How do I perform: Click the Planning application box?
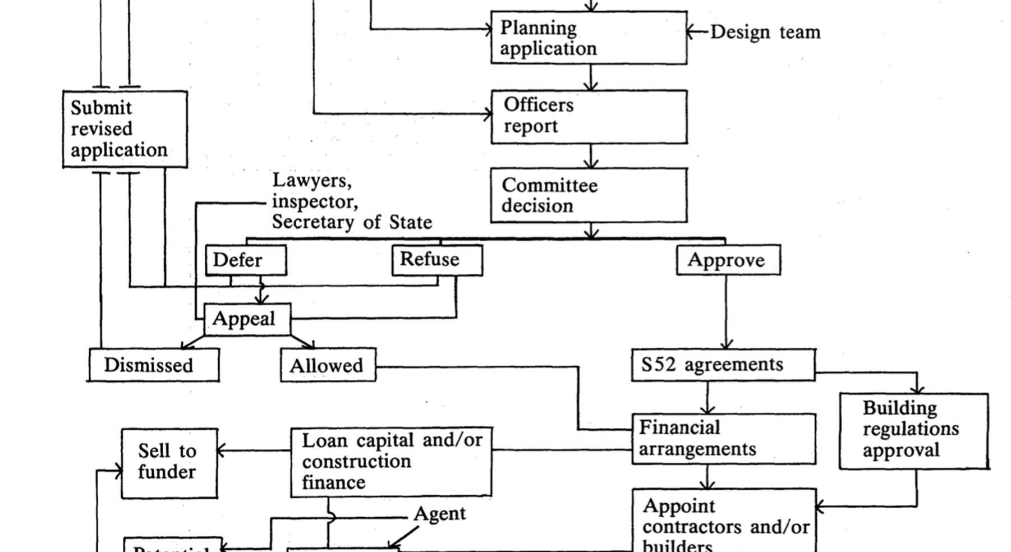pos(589,38)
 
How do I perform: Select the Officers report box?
pos(589,117)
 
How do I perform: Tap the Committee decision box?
pos(589,195)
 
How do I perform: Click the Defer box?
pos(246,260)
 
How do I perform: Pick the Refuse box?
pos(437,260)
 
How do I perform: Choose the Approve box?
pos(728,260)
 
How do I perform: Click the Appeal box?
pos(247,319)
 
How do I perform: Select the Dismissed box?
pos(154,365)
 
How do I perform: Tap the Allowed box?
pos(328,366)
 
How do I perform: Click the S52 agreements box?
pos(723,365)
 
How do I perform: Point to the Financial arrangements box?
pos(724,439)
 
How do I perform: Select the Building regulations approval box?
pos(913,431)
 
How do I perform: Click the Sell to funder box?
pos(169,463)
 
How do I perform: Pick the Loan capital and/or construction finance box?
pos(391,462)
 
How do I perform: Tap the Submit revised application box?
pos(125,129)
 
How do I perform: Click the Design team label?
pos(765,32)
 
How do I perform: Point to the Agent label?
pos(439,514)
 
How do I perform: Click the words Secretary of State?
pos(352,223)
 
